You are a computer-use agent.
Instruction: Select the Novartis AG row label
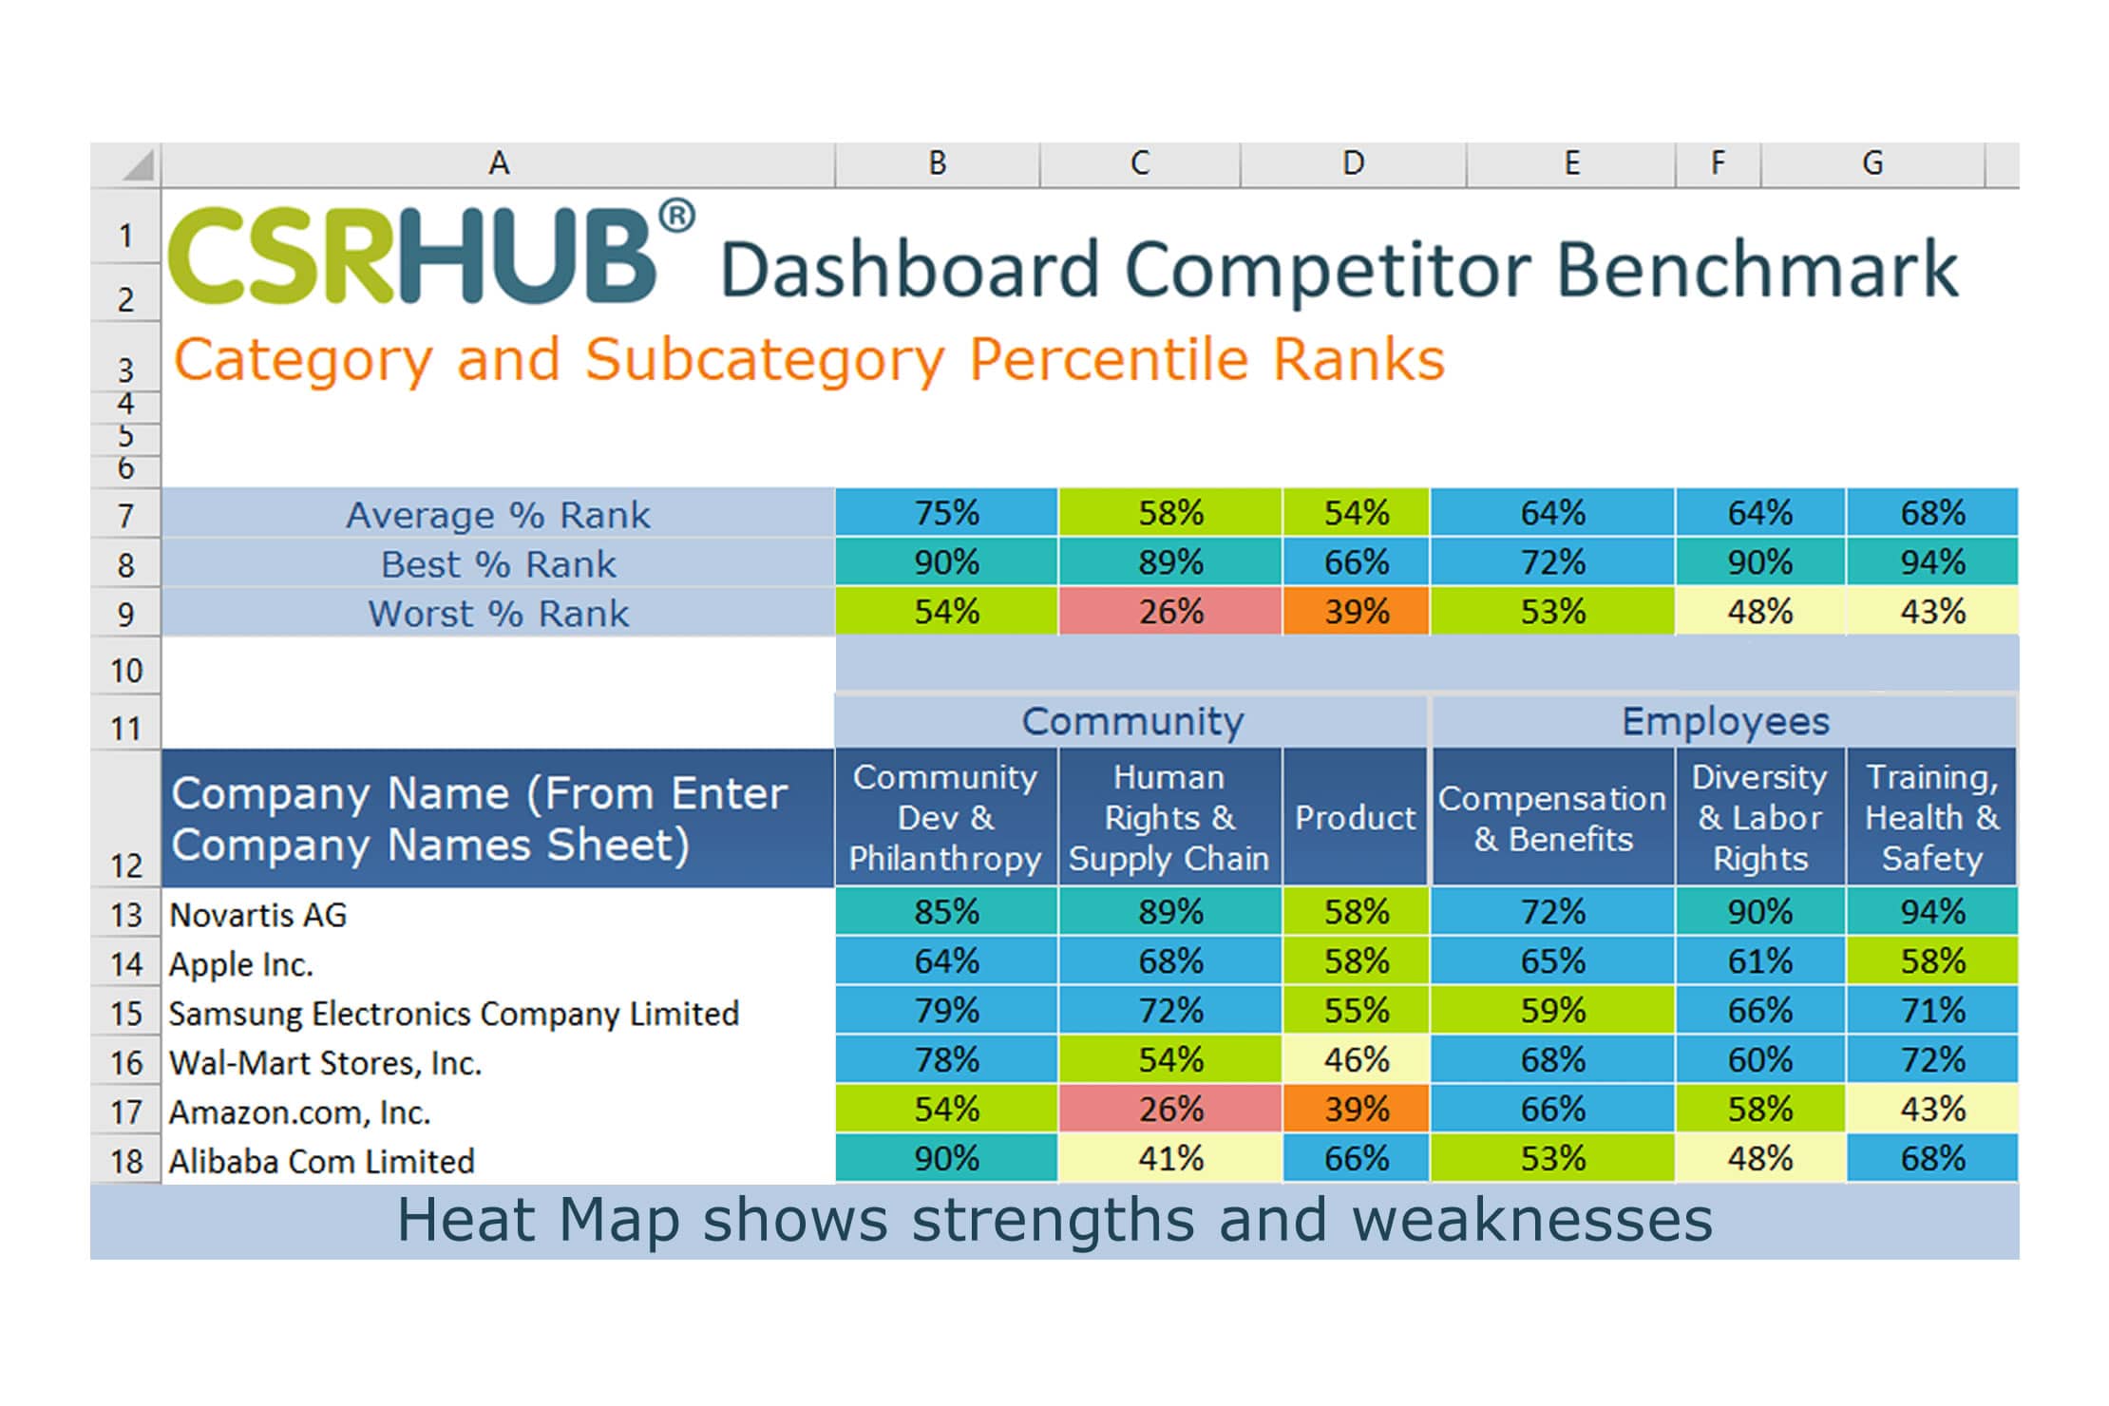[257, 915]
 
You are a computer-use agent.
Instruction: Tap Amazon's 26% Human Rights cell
[1169, 1109]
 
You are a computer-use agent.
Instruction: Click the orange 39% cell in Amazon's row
[1356, 1109]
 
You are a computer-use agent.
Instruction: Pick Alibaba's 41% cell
[1169, 1158]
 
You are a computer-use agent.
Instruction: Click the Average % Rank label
[498, 515]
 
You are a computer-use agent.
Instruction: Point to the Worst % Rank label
[498, 614]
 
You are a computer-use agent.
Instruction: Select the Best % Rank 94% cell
[1931, 562]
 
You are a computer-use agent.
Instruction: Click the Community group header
[1131, 722]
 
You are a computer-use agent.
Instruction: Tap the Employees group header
[1724, 722]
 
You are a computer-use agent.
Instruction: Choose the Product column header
[1355, 818]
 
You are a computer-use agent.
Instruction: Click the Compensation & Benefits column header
[1552, 818]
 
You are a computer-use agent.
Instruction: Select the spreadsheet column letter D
[1353, 163]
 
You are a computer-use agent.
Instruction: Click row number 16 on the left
[125, 1062]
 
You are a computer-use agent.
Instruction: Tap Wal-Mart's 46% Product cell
[1356, 1059]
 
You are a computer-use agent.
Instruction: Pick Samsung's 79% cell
[945, 1010]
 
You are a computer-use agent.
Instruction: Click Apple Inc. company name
[240, 964]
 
